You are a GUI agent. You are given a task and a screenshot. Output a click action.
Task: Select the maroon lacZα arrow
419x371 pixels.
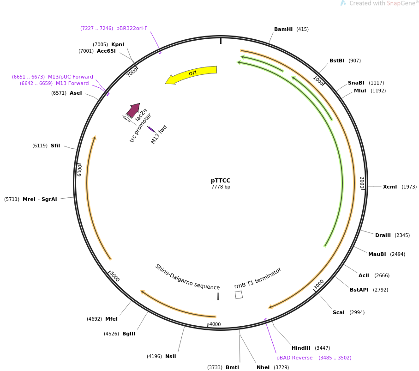[133, 110]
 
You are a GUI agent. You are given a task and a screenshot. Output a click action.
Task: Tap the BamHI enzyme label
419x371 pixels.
[283, 29]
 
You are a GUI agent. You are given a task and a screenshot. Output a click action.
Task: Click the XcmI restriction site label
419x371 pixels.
[390, 187]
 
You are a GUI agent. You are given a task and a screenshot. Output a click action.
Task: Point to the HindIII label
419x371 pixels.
[301, 348]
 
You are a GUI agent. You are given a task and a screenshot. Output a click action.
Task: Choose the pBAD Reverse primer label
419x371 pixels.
[294, 358]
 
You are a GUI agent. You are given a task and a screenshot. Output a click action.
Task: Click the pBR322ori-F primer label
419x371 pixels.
[132, 28]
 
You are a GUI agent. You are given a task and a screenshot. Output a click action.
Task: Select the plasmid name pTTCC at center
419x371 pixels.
[221, 181]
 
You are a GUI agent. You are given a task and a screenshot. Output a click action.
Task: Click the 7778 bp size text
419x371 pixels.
[221, 187]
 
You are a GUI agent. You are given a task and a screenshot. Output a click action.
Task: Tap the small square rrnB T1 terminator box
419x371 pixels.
[239, 295]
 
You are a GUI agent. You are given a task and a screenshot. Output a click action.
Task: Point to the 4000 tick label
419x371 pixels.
[215, 324]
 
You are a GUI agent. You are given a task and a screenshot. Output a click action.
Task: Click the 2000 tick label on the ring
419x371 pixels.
[362, 182]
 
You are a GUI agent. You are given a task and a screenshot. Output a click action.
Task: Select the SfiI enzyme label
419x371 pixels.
[55, 146]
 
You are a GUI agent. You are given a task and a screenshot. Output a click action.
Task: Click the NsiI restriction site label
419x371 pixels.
[170, 356]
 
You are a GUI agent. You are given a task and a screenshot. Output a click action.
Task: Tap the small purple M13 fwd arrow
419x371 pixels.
[151, 129]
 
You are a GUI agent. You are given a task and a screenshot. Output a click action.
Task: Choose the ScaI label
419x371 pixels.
[339, 312]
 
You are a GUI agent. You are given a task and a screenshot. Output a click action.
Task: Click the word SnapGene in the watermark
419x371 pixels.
[401, 3]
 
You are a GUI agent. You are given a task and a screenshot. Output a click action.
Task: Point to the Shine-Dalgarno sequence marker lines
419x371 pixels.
[218, 296]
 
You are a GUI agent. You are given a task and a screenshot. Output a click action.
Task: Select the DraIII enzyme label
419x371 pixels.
[383, 235]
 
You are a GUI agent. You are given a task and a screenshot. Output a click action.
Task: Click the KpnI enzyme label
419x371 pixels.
[118, 44]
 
